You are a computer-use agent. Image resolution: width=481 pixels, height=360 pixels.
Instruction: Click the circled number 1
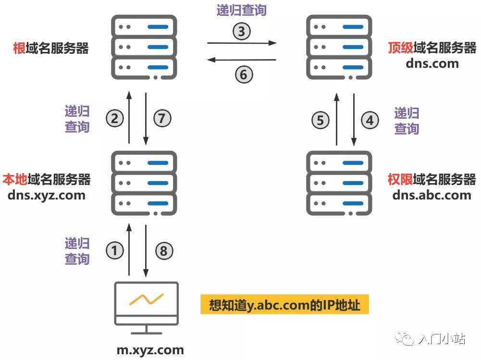pos(115,250)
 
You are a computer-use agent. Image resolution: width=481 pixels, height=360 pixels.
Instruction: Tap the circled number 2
pos(115,118)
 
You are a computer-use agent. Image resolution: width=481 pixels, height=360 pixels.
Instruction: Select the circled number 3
pos(242,31)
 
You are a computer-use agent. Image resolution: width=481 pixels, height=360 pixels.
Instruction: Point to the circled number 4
pos(370,120)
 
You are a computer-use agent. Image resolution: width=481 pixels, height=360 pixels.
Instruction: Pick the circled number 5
pos(320,120)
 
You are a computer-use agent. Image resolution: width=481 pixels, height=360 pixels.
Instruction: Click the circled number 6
pos(244,74)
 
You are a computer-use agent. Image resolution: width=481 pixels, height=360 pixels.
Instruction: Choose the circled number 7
pos(162,118)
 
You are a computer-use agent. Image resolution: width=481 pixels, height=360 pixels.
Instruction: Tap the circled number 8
pos(164,251)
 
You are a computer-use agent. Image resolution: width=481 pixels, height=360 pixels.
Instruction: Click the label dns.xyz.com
pos(46,195)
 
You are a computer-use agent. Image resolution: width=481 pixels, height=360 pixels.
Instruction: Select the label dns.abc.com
pos(432,195)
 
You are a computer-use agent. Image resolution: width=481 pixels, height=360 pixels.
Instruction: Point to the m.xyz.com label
pos(150,350)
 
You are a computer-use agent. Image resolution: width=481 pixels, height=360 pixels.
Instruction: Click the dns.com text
pos(432,63)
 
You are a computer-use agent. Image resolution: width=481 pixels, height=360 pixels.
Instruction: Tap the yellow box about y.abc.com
pos(284,304)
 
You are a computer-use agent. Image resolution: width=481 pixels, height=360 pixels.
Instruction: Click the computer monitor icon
pos(147,308)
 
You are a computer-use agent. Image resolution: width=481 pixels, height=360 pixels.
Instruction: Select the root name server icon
pos(144,47)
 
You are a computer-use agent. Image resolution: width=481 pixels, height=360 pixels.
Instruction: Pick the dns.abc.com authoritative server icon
pos(339,183)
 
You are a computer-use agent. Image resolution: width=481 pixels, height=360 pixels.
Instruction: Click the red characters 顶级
pos(400,48)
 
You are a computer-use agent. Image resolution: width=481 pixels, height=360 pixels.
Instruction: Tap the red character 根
pos(19,48)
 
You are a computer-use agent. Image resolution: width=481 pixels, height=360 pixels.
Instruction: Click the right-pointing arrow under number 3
pos(242,43)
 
